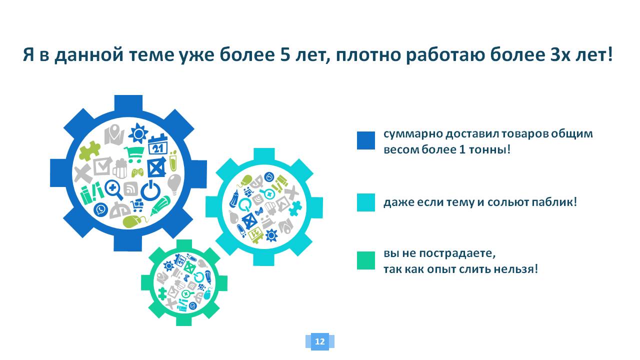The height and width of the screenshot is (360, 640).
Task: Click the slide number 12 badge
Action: (319, 341)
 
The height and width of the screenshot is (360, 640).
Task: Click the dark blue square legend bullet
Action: (365, 140)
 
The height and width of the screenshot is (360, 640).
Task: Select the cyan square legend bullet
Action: (365, 202)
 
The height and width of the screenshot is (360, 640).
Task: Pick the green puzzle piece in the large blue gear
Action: (89, 150)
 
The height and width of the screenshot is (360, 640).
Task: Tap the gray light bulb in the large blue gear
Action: (173, 183)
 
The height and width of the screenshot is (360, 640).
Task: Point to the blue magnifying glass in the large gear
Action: (114, 189)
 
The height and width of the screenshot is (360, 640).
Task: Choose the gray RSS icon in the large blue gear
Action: (131, 189)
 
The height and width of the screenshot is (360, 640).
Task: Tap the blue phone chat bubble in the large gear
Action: (101, 209)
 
